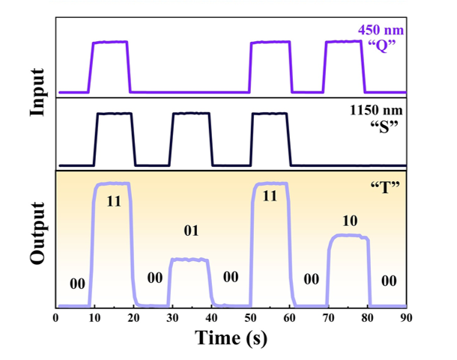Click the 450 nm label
(x=381, y=30)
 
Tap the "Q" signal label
(x=382, y=46)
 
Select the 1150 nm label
(x=376, y=110)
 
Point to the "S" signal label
(x=384, y=126)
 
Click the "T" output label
(x=385, y=186)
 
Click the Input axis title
(x=37, y=92)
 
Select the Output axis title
(x=37, y=233)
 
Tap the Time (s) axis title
(x=231, y=338)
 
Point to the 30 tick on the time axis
(x=172, y=318)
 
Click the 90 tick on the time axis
(x=406, y=318)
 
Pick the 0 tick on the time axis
(x=55, y=318)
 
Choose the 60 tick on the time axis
(x=289, y=318)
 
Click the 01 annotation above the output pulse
(x=191, y=231)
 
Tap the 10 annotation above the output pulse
(x=350, y=221)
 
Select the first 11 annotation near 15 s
(x=114, y=201)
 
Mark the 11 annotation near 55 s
(x=270, y=196)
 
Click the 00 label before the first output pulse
(x=77, y=284)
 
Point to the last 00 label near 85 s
(x=389, y=281)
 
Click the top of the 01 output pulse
(x=190, y=260)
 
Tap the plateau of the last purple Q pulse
(x=344, y=42)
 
